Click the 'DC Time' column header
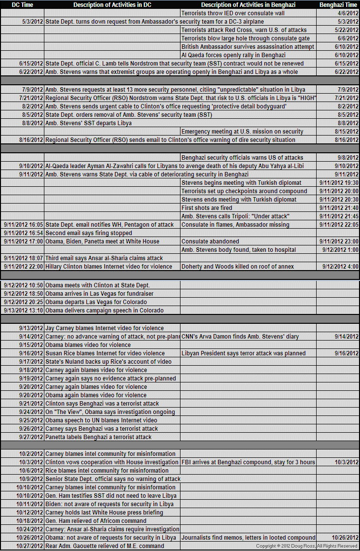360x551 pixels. tap(22, 4)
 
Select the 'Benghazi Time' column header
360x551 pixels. tap(338, 4)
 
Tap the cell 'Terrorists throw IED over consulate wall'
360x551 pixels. tap(233, 13)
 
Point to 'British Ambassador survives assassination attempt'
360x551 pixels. tap(248, 47)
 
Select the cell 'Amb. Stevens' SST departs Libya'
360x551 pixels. tap(88, 123)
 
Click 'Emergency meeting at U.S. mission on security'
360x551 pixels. tap(242, 132)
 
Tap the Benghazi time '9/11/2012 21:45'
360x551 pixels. tap(339, 216)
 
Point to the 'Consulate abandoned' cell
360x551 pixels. tap(210, 241)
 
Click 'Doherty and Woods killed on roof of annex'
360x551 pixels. tap(238, 267)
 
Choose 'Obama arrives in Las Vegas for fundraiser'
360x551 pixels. tap(99, 294)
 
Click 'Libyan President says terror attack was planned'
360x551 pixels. tap(243, 353)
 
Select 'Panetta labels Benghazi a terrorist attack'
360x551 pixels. tap(98, 437)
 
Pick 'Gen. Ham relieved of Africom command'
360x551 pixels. tap(96, 521)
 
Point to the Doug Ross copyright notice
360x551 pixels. tap(306, 546)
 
